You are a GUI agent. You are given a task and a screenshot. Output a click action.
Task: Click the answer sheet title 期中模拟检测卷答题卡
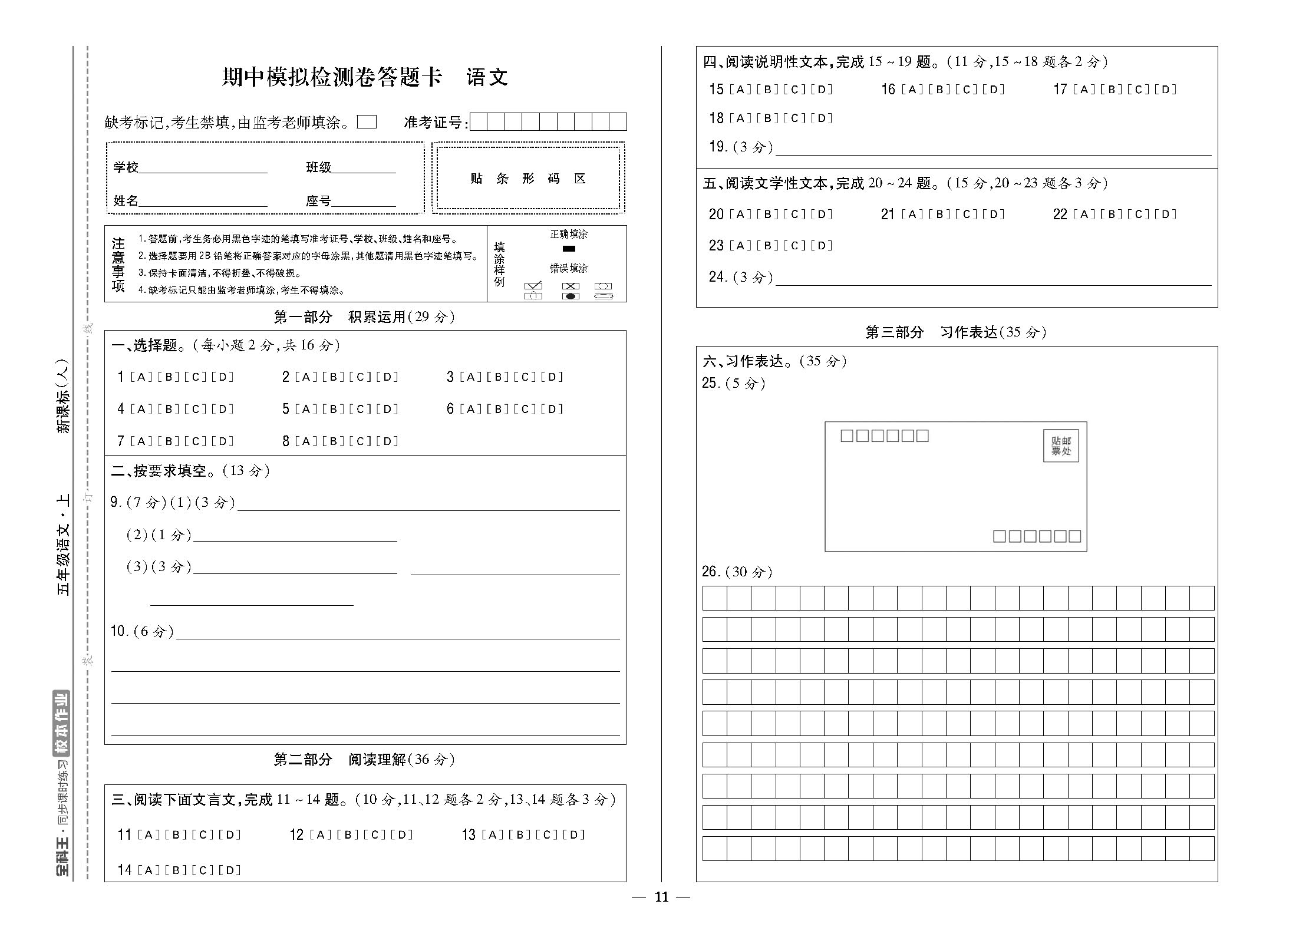pyautogui.click(x=332, y=77)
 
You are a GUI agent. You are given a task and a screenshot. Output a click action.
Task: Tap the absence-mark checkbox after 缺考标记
pyautogui.click(x=367, y=122)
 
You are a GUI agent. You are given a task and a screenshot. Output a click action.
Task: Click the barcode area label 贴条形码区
pyautogui.click(x=527, y=179)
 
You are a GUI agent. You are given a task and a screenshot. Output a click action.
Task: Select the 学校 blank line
pyautogui.click(x=203, y=169)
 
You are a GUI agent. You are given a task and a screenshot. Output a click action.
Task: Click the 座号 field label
pyautogui.click(x=318, y=201)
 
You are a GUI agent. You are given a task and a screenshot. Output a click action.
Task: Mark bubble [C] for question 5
pyautogui.click(x=360, y=409)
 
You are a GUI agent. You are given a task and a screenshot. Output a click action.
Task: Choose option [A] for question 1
pyautogui.click(x=141, y=377)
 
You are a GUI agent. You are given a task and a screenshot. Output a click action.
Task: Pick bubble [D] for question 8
pyautogui.click(x=387, y=441)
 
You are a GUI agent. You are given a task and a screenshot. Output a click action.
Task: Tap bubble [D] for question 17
pyautogui.click(x=1165, y=90)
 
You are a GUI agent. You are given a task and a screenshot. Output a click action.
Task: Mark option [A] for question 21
pyautogui.click(x=912, y=214)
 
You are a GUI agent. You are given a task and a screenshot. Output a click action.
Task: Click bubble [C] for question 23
pyautogui.click(x=794, y=246)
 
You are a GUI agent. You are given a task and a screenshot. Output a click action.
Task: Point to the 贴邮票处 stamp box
pyautogui.click(x=1060, y=446)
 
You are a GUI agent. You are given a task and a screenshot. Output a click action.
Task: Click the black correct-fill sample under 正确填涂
pyautogui.click(x=569, y=249)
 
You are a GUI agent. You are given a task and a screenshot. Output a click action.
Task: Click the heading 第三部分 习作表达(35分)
pyautogui.click(x=955, y=332)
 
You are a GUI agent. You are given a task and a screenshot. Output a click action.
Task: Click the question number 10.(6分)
pyautogui.click(x=142, y=631)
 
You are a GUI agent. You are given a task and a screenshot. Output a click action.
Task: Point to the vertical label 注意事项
pyautogui.click(x=118, y=265)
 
